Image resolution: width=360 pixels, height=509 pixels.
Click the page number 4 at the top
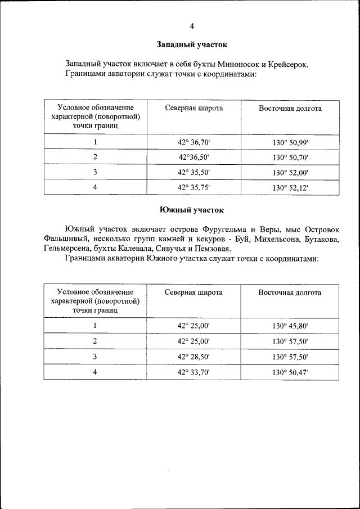[x=191, y=26]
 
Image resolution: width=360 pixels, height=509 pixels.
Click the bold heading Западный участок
[x=191, y=44]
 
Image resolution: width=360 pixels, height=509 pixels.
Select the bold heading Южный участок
[x=191, y=210]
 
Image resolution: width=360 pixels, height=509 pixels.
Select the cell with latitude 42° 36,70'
[x=193, y=142]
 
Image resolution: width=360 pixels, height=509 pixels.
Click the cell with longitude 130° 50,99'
[x=290, y=142]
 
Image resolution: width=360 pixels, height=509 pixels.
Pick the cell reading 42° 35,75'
[x=193, y=188]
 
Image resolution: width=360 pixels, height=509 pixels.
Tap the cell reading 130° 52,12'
[x=290, y=188]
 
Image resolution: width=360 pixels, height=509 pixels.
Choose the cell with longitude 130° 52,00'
[x=290, y=173]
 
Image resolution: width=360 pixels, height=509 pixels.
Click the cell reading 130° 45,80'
[x=290, y=326]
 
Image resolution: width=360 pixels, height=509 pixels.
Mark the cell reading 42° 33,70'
[x=193, y=372]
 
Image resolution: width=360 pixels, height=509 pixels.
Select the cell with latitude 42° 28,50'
[x=193, y=357]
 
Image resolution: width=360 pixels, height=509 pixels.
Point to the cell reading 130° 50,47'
[x=290, y=372]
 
